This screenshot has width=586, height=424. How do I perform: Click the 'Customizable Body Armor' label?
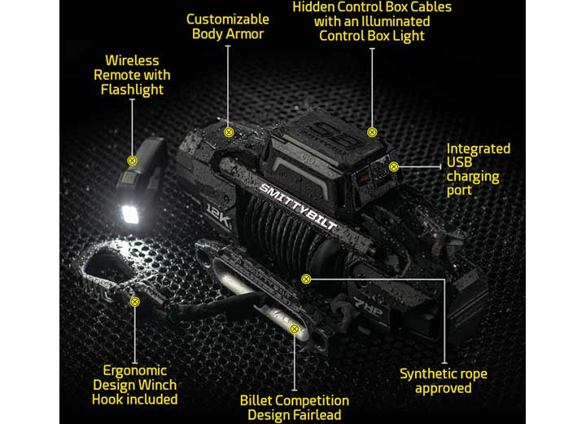point(227,26)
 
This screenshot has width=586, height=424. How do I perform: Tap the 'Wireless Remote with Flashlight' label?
point(133,75)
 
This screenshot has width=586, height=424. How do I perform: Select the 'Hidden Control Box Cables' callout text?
point(372,21)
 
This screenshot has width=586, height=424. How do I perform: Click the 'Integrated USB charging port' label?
point(479,170)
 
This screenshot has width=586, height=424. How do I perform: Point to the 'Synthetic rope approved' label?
point(444,381)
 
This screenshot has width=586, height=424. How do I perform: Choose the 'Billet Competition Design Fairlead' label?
point(294,408)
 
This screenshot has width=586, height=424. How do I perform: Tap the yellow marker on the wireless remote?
point(131,161)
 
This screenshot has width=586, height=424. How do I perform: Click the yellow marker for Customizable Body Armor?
point(229,131)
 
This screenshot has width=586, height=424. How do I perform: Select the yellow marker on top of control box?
point(372,131)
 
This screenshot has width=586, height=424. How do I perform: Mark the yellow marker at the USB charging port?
point(394,166)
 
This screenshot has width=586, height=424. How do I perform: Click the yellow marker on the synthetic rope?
point(306,279)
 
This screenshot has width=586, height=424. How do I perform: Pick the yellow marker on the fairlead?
point(295,329)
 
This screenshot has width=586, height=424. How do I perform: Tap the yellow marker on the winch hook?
point(134,301)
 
